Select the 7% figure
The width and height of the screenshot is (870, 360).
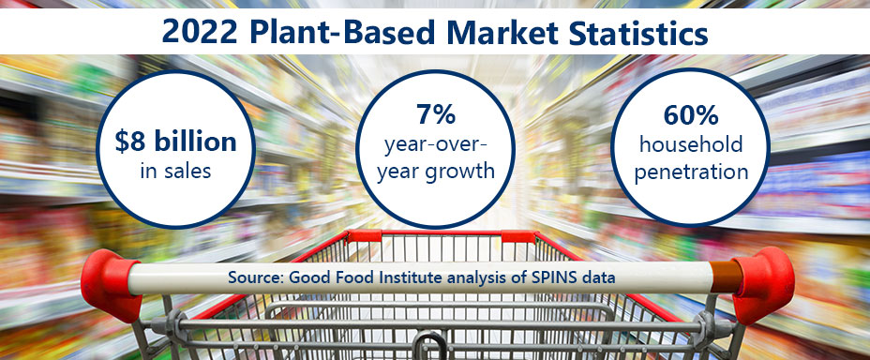(x=436, y=115)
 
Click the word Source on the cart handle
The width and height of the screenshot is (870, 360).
(x=252, y=277)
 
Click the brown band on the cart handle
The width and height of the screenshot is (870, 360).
(x=722, y=278)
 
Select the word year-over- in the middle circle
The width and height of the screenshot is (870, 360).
(x=436, y=144)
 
